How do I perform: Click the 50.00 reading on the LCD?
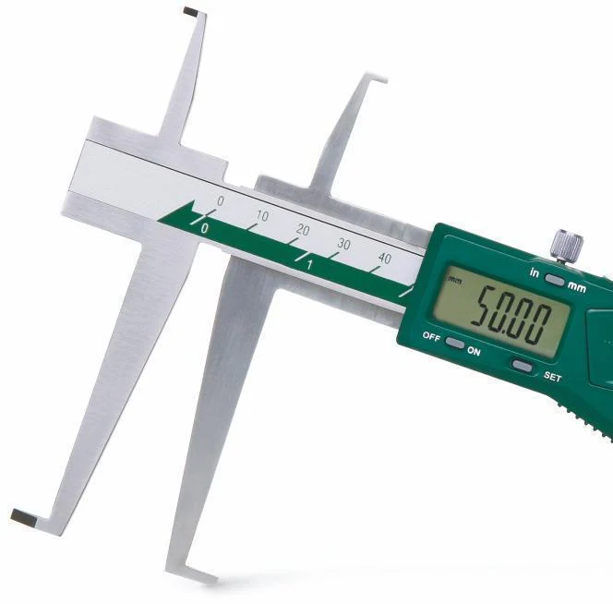click(511, 315)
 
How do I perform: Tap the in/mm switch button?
click(555, 280)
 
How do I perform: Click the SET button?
click(523, 366)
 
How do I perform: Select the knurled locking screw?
click(567, 245)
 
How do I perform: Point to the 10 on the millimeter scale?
click(262, 215)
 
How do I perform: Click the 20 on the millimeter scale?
click(303, 230)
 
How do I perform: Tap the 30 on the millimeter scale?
click(343, 244)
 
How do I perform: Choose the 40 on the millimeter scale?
click(385, 259)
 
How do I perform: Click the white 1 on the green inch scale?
click(309, 265)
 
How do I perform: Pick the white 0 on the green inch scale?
click(204, 228)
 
